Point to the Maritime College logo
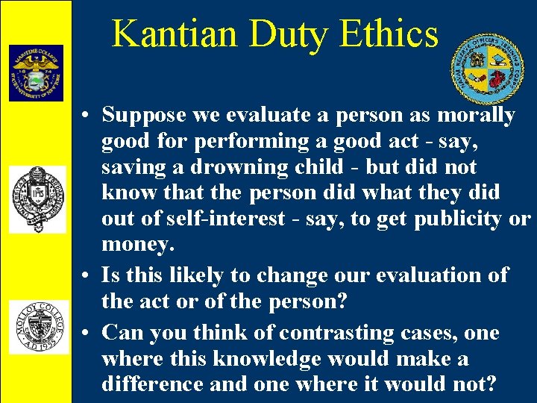(x=36, y=72)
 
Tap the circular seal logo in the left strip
(x=37, y=197)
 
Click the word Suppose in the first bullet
(x=144, y=116)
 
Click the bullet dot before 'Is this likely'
(x=87, y=275)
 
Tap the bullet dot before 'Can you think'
(x=87, y=333)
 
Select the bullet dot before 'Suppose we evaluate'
(x=87, y=116)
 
